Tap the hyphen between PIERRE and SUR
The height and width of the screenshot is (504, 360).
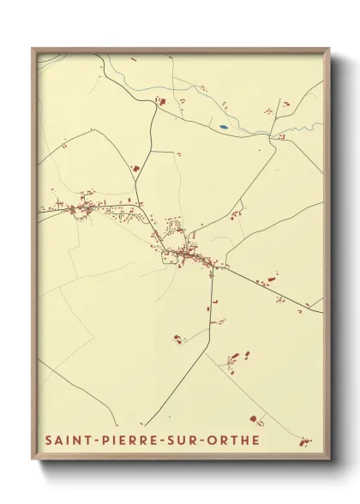click(x=165, y=441)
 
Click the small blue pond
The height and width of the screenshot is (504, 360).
click(x=223, y=128)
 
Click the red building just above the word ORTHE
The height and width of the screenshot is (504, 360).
click(x=254, y=419)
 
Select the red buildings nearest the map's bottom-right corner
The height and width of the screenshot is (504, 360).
click(x=305, y=441)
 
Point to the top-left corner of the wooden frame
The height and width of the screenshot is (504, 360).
click(x=33, y=49)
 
